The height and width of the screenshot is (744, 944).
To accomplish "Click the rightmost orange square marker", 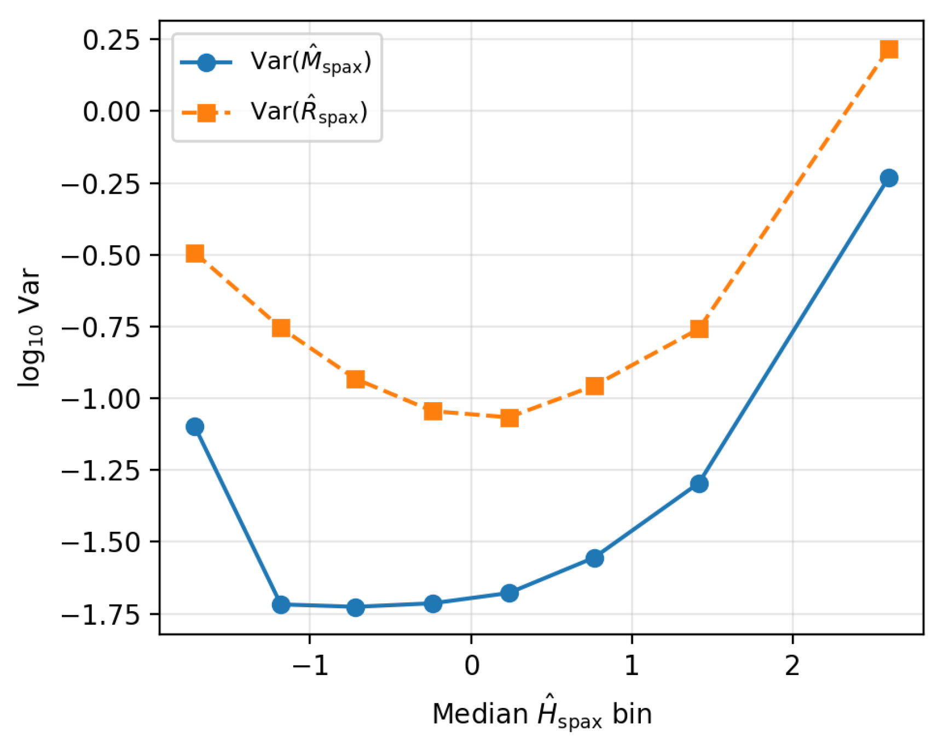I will coord(889,49).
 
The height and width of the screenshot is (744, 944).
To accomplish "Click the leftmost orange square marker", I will coord(195,253).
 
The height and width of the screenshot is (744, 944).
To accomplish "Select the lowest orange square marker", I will coord(509,418).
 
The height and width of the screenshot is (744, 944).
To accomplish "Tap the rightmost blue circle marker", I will coord(889,178).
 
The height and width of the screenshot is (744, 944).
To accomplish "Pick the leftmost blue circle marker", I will coord(195,426).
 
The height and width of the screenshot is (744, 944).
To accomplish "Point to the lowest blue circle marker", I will coord(356,607).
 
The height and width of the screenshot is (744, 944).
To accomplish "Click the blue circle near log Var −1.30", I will coord(699,484).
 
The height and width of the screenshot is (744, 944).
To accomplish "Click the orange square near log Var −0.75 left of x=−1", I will coord(281,328).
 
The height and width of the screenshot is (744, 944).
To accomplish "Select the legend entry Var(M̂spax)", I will coord(310,62).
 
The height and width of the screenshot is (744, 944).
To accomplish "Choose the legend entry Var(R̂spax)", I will coord(309,112).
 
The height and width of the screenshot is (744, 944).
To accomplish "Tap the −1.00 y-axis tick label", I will coord(102,398).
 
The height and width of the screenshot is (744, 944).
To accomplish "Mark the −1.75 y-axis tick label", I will coord(102,614).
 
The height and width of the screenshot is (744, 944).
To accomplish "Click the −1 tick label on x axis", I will coord(310,665).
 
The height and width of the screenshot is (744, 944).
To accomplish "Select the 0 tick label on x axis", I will coord(471,665).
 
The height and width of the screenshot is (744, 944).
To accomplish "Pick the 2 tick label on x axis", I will coord(792,665).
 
